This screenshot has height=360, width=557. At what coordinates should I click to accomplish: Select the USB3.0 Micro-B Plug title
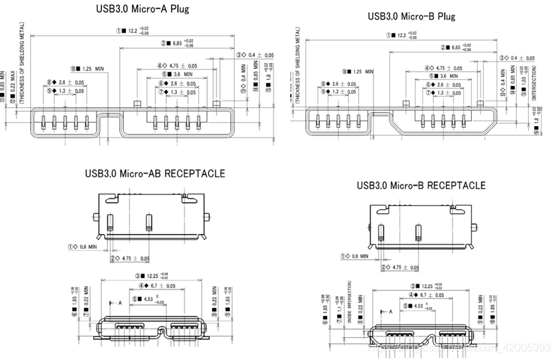point(412,15)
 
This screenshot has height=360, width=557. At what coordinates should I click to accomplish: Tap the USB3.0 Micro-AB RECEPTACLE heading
point(155,173)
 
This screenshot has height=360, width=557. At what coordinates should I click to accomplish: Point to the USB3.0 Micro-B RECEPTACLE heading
point(422,184)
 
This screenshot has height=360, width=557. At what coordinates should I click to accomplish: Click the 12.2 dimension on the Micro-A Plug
point(132,31)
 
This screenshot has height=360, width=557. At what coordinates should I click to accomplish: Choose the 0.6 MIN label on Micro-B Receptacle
point(362,255)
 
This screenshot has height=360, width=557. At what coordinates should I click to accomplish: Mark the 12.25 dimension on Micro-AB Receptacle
point(153,276)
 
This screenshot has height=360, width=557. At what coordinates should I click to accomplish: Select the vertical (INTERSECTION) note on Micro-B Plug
point(534,83)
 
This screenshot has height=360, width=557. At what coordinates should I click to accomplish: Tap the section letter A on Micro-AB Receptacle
point(120,303)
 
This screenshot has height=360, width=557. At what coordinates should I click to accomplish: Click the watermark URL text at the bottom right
point(469,347)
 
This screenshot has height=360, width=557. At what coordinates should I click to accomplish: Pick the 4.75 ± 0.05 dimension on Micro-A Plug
point(176,66)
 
